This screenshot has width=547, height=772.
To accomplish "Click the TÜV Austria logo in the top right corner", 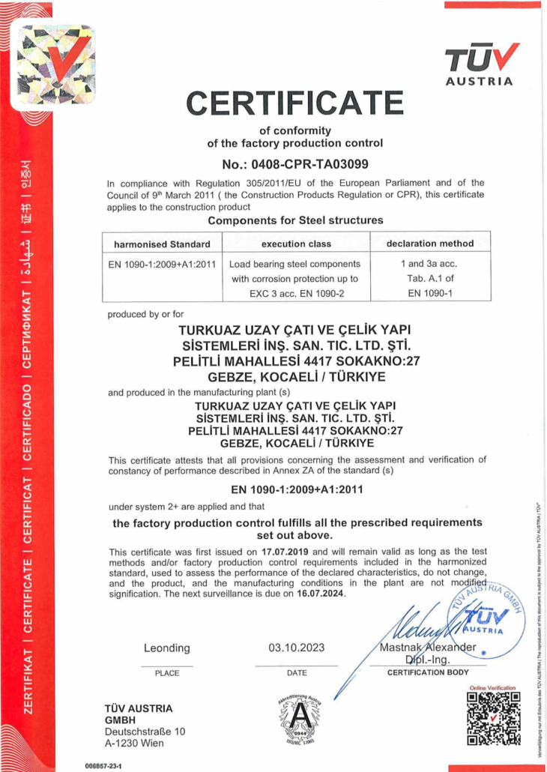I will coord(480,64).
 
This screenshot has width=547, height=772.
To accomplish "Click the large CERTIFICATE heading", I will coord(294,103).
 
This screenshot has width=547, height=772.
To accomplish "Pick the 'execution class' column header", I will coord(295,244).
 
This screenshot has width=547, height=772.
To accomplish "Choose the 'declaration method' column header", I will coord(430,244).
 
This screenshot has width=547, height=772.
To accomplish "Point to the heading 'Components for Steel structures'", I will coord(295,220).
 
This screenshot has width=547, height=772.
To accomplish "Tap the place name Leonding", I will coord(166,648).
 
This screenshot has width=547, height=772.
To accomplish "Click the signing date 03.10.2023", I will coord(297,648).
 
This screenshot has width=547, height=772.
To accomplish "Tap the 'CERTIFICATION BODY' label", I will coord(428,673).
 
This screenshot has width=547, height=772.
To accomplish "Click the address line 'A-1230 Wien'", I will coord(134,743).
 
